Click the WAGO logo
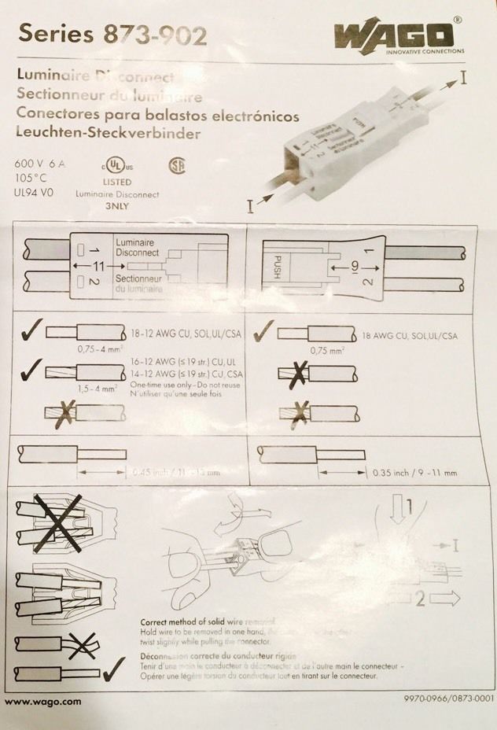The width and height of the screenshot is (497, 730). point(394,36)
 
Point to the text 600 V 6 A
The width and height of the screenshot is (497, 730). point(42,163)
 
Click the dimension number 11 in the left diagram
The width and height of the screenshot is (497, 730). point(98,267)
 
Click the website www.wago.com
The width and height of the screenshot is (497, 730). point(43,701)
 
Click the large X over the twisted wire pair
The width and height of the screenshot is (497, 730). point(58,522)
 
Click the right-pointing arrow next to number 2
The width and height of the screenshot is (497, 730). point(444,599)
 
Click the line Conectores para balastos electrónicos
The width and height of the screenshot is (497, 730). point(157,116)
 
